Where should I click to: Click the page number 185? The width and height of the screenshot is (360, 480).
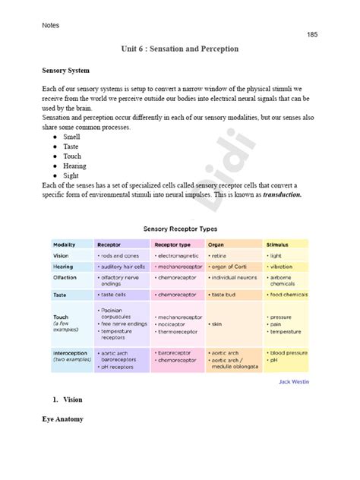point(312,35)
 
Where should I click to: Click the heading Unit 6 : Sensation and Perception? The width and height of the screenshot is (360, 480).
point(180,49)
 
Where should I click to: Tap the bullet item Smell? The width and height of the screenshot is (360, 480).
point(73,136)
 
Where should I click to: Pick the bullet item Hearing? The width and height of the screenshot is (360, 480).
point(75,166)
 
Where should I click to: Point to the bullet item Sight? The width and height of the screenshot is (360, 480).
point(71,175)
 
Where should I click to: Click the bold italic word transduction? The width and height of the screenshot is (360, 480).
point(283,195)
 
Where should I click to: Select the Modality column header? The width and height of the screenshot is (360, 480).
point(65,245)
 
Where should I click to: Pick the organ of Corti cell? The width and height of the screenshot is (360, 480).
point(229,267)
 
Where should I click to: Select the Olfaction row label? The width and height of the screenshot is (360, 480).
point(65,279)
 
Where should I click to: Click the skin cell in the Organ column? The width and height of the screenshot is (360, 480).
point(217,324)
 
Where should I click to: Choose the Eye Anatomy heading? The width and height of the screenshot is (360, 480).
point(62,418)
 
